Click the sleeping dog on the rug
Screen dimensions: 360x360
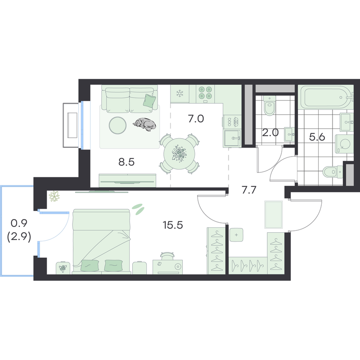point(144,124)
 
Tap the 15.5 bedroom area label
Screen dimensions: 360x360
point(173,225)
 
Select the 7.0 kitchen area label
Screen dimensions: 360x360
point(196,119)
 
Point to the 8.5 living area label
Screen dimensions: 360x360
point(126,162)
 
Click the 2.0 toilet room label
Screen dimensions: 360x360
point(270,133)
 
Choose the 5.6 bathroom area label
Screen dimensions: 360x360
point(317,137)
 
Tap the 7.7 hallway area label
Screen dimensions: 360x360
point(249,190)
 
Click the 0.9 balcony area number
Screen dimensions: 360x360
point(19,223)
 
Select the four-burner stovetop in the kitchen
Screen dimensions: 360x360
point(205,94)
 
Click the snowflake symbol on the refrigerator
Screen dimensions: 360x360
point(180,93)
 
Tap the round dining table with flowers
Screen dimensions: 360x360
point(179,153)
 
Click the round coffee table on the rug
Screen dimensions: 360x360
point(117,125)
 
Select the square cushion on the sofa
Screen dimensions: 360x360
point(149,100)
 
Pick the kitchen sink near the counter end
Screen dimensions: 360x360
point(232,138)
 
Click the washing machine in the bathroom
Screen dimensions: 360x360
point(344,144)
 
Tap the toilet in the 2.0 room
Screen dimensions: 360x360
point(269,106)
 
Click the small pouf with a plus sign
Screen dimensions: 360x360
point(236,235)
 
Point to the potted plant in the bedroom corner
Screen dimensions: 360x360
point(54,196)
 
